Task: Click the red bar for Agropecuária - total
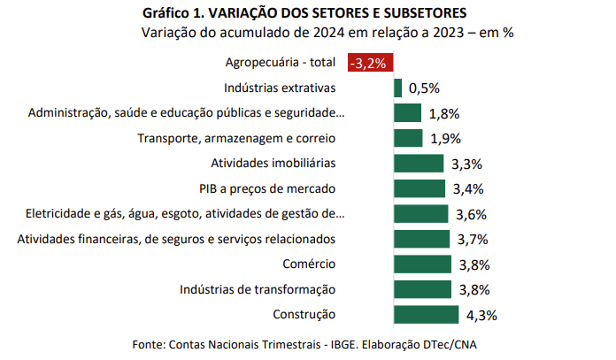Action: point(371,63)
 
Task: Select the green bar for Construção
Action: point(426,315)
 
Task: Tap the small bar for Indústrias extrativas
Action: point(397,88)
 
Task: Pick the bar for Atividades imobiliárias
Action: point(419,164)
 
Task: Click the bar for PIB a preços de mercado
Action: point(420,188)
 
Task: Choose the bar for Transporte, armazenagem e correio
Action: point(408,138)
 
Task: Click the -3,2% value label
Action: point(371,63)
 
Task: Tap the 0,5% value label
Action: point(423,88)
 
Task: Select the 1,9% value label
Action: point(444,139)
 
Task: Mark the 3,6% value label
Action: point(470,215)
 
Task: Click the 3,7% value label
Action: point(472,240)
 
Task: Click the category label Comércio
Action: point(309,264)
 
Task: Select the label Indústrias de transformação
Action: point(258,289)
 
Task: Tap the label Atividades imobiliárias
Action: point(273,164)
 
